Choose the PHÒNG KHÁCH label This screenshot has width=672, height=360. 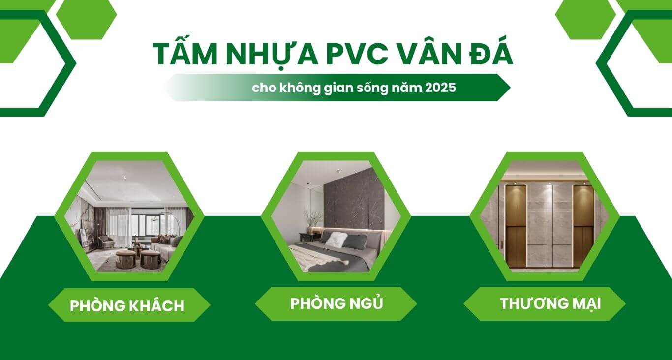click(x=127, y=305)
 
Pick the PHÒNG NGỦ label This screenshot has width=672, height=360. click(x=336, y=303)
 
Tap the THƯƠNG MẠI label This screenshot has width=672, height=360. click(x=550, y=303)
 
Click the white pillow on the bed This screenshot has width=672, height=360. click(x=336, y=239)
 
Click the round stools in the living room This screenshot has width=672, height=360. click(x=138, y=258)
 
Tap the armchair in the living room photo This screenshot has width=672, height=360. click(x=105, y=241)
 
